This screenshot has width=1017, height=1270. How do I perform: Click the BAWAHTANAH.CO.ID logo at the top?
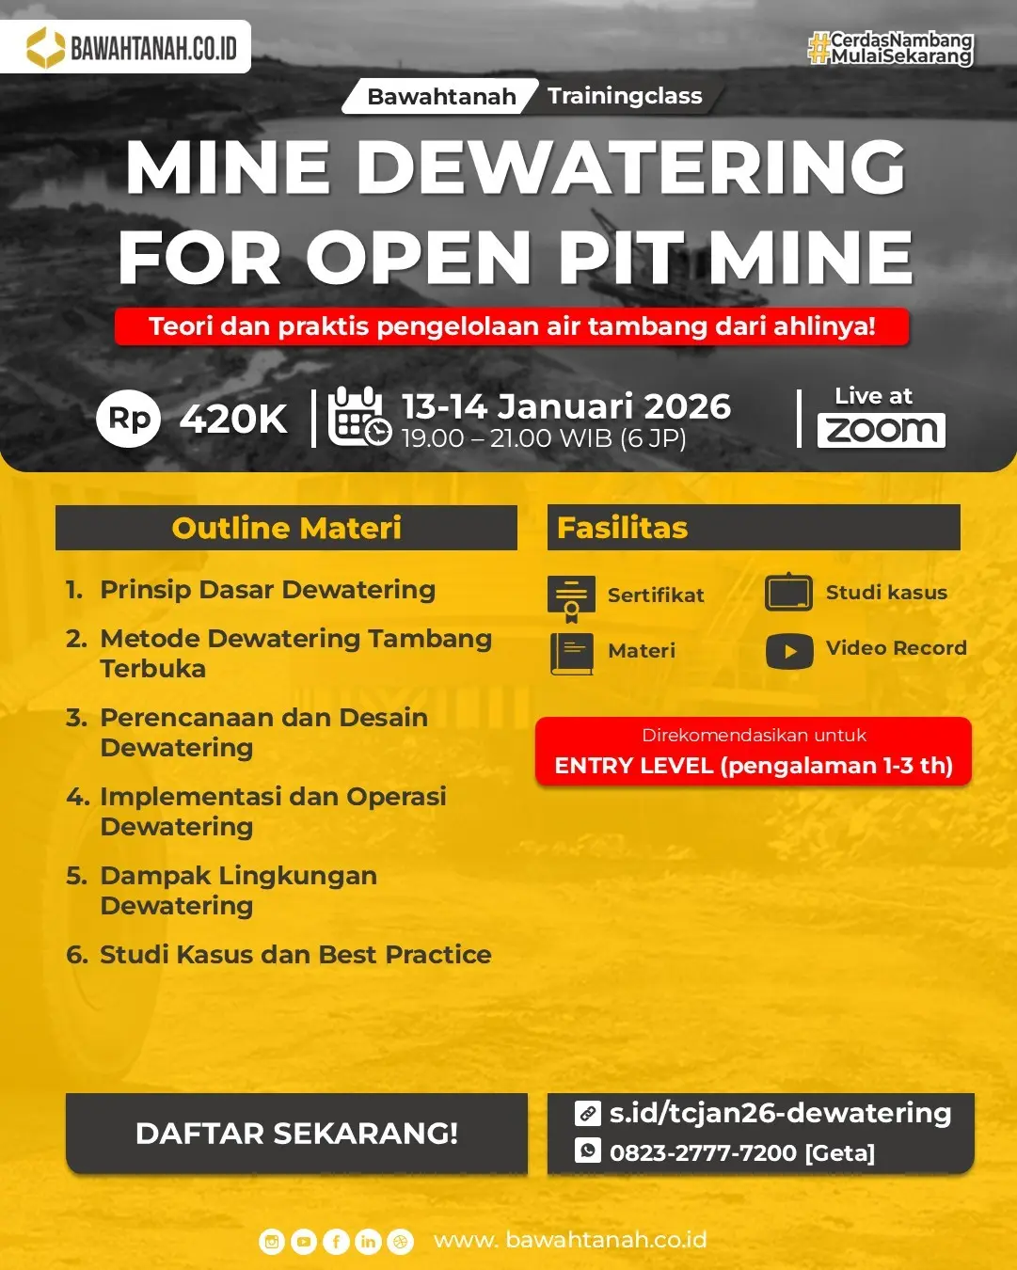[126, 47]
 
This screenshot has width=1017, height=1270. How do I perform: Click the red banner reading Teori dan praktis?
[512, 326]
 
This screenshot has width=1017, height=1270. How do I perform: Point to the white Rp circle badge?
[129, 419]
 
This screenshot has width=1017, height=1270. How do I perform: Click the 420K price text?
[233, 420]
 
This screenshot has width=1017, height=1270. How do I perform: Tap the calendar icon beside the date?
[358, 416]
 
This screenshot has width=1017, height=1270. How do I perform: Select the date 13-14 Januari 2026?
[566, 406]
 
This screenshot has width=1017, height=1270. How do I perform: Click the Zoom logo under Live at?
[881, 430]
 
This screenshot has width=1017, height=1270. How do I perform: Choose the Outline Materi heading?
[286, 528]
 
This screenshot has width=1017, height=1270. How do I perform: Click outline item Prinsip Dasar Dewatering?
[267, 590]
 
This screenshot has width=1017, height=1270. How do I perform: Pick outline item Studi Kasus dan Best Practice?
[295, 955]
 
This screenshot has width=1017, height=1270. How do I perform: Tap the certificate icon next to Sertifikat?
[571, 598]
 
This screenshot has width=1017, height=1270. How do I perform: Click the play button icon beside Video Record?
[789, 651]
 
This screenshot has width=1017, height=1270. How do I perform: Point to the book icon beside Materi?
[571, 654]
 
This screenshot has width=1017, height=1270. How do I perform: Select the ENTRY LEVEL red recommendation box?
[753, 752]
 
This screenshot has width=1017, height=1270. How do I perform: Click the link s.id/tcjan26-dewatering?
[780, 1113]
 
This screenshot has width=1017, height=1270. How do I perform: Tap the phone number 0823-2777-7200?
[703, 1152]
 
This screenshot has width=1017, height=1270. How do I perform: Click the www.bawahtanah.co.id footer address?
[570, 1240]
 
